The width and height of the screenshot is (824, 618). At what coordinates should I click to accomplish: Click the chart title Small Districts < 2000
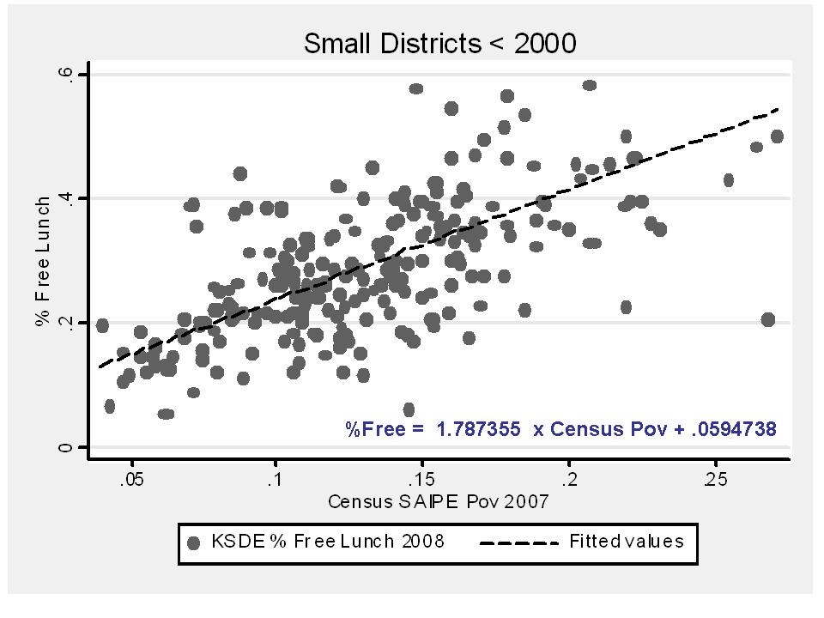[439, 44]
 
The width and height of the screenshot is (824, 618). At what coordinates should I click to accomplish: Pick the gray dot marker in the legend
[194, 542]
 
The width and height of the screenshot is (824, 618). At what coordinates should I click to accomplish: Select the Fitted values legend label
[627, 542]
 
